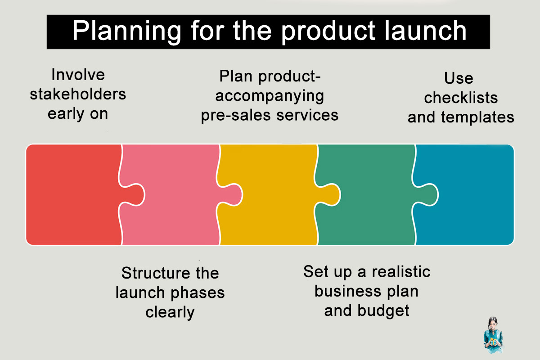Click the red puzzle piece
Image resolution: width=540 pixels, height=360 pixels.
coord(72,195)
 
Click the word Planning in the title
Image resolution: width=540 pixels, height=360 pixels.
coord(127,31)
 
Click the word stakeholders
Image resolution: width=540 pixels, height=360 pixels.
coord(78,94)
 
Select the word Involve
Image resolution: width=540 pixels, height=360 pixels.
coord(78,74)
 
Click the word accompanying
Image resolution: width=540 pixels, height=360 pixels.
coord(270,95)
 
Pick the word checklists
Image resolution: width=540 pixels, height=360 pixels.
coord(461,98)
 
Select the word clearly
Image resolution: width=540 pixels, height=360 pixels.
coord(170,312)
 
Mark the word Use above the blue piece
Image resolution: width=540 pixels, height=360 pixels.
coord(459,78)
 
